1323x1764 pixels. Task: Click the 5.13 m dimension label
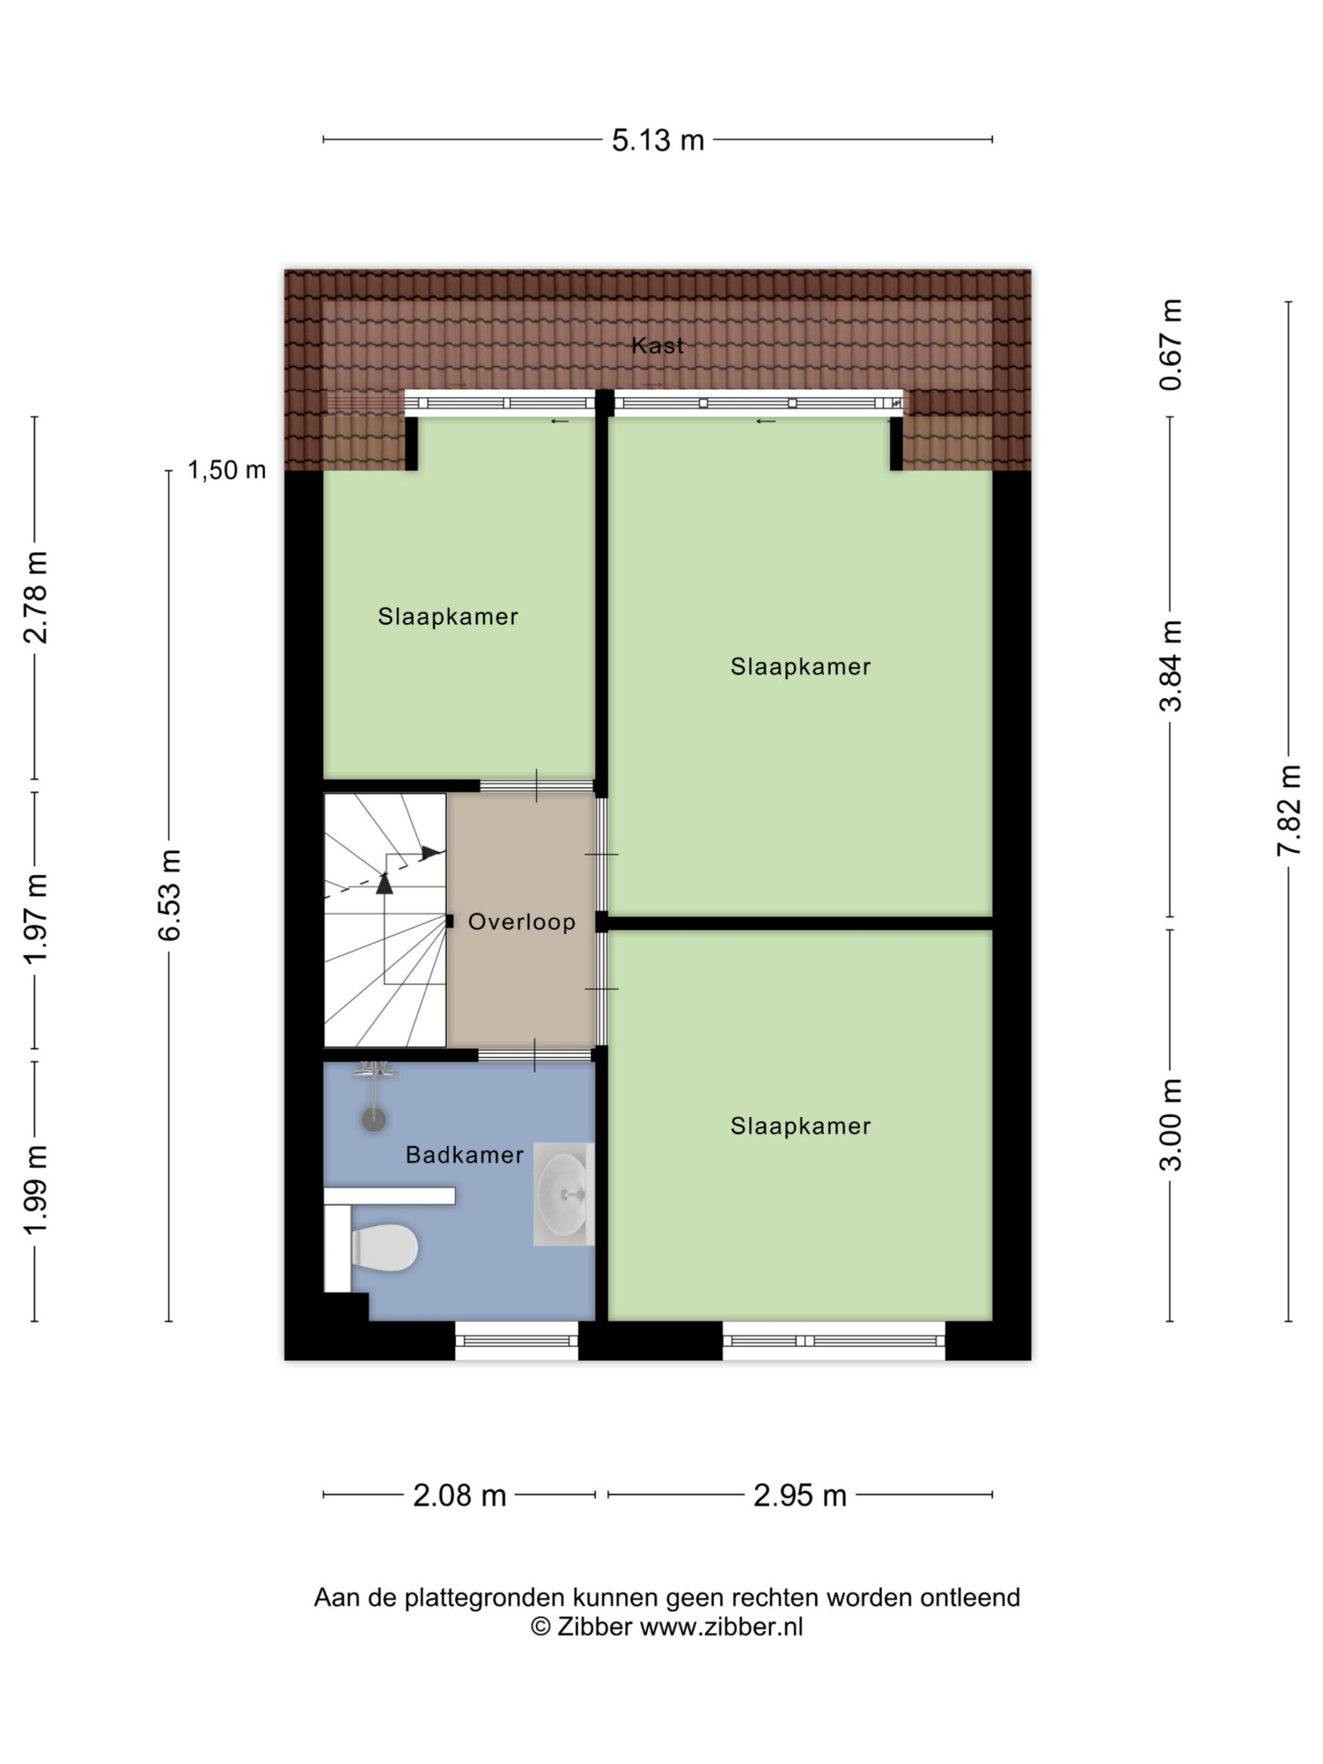[x=658, y=141]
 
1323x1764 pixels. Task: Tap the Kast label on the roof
[x=657, y=345]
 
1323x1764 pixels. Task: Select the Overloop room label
[x=522, y=922]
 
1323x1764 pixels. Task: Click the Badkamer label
[x=464, y=1155]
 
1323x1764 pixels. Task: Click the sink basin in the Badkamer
[x=563, y=1194]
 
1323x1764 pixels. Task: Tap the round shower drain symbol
[x=374, y=1120]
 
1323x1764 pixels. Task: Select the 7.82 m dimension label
[x=1289, y=810]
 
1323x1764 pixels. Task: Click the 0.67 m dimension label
[x=1171, y=345]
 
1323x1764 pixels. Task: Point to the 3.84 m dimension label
[x=1171, y=665]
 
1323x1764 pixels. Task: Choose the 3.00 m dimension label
[x=1171, y=1125]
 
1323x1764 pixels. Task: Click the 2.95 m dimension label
[x=800, y=1496]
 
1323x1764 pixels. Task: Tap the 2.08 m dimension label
[x=460, y=1496]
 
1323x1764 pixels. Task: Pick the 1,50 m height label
[x=227, y=471]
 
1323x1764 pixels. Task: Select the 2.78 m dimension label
[x=35, y=597]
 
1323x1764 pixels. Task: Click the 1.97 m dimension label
[x=35, y=919]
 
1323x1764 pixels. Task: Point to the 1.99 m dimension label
[x=35, y=1191]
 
